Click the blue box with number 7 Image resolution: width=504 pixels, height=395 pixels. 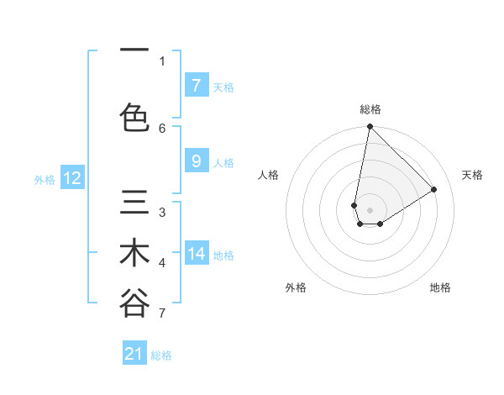pos(196,86)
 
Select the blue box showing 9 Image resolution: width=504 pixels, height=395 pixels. pos(196,162)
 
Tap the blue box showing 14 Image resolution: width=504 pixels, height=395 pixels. pos(196,254)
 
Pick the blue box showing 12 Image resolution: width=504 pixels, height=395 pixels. pos(72,178)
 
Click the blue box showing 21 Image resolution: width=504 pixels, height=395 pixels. pos(134,354)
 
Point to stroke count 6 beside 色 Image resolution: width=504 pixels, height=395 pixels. pos(162,128)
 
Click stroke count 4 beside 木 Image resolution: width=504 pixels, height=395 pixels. pos(162,263)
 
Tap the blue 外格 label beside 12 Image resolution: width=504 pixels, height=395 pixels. pos(45,179)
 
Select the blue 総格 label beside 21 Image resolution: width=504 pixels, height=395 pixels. pos(162,355)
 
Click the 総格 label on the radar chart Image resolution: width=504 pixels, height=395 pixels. pos(370,109)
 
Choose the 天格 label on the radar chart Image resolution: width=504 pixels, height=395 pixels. pos(472,175)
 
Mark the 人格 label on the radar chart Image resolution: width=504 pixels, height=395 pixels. pos(269,175)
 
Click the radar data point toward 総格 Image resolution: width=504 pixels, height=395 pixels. pos(370,127)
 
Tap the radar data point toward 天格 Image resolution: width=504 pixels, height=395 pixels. pos(434,189)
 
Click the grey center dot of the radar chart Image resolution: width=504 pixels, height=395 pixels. pos(370,209)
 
